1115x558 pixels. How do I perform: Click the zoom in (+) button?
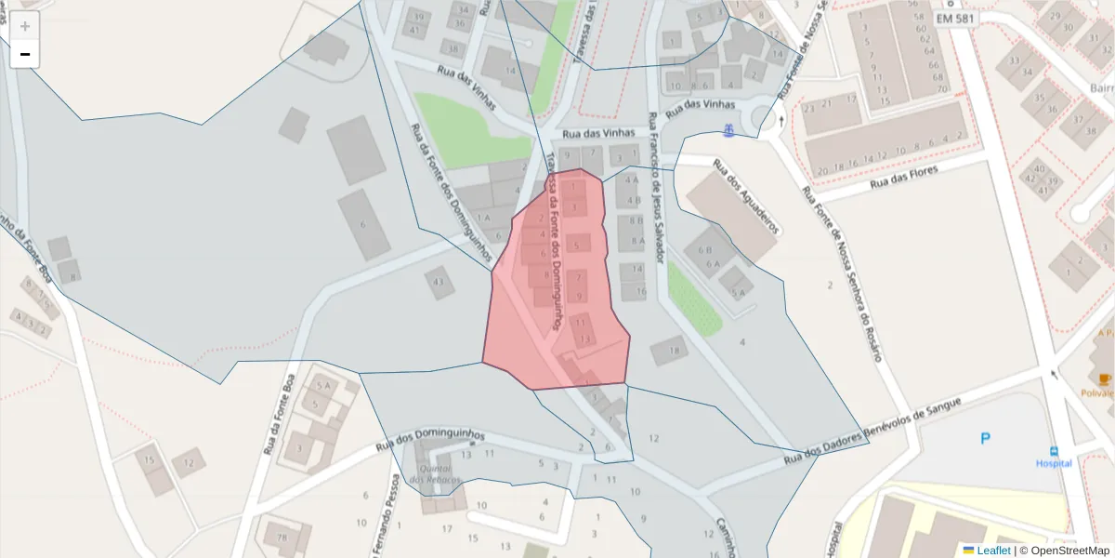pos(25,26)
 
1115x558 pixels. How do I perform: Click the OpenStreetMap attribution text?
pos(1069,551)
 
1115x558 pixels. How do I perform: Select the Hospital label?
pos(1054,463)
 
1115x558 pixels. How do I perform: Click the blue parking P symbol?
pos(986,438)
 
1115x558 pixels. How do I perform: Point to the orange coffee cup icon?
pos(1104,379)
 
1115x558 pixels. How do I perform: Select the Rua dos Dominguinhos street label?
pos(431,440)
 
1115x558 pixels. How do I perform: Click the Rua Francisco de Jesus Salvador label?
pos(655,186)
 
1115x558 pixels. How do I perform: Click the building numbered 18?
pos(670,351)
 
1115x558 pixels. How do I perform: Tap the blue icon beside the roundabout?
pos(729,131)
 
